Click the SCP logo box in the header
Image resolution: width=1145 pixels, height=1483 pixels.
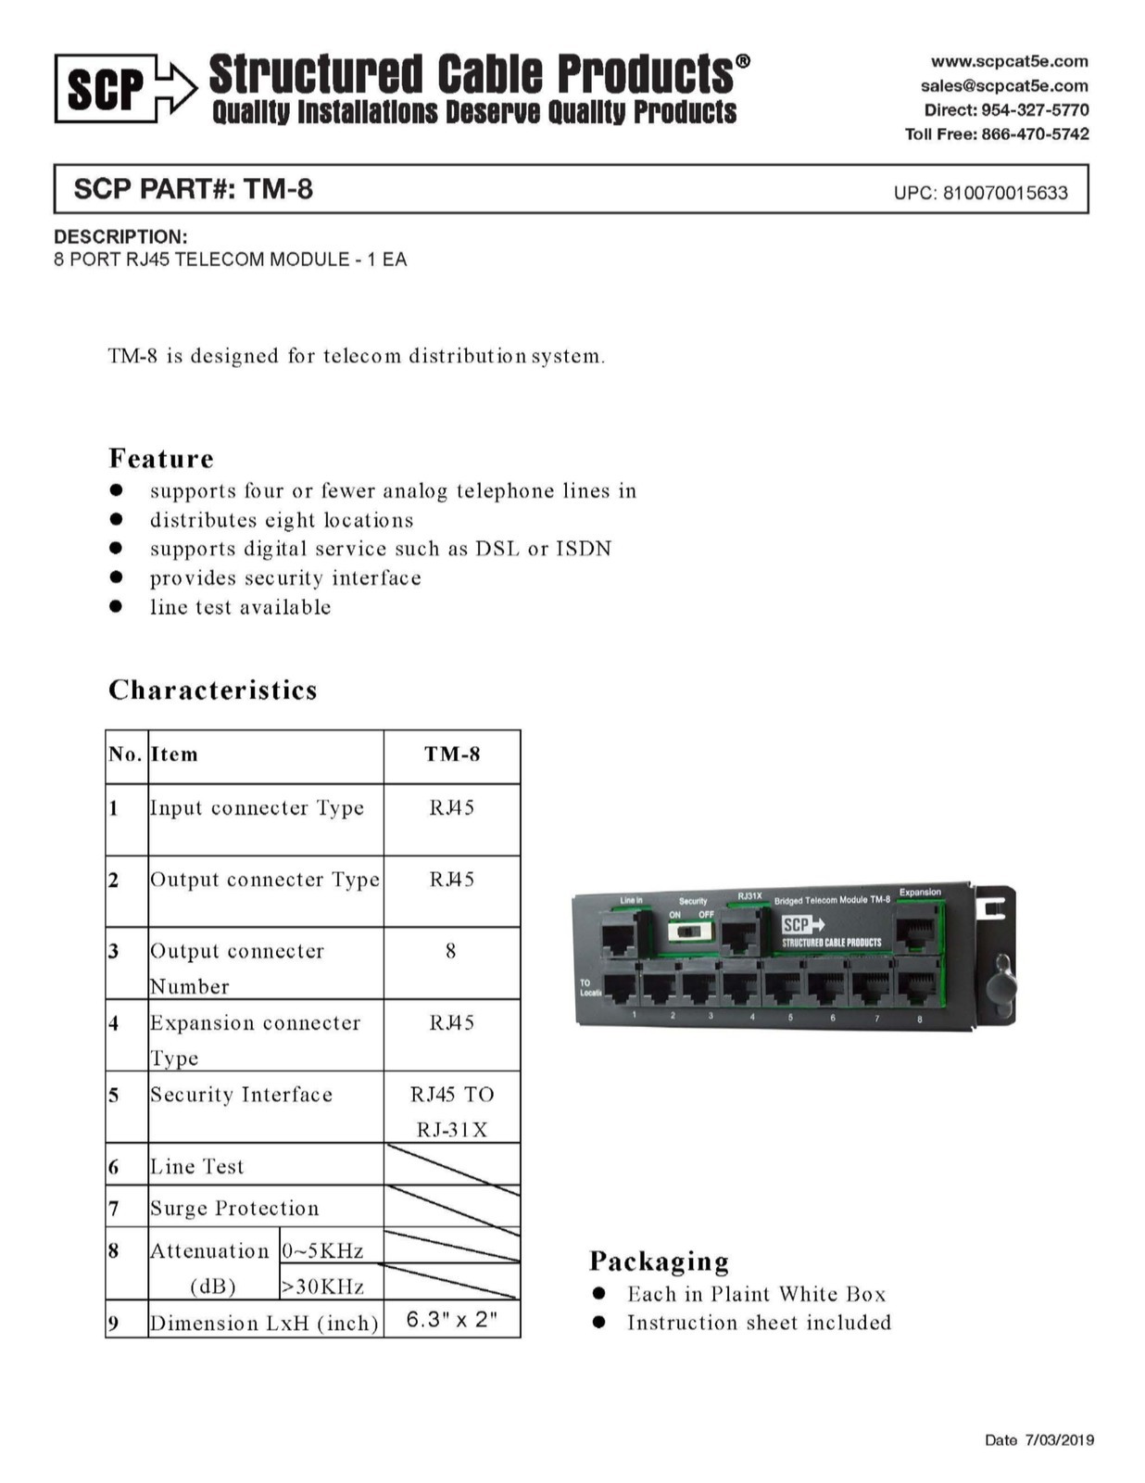(105, 89)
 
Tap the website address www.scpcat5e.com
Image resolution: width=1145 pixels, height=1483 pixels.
(1009, 61)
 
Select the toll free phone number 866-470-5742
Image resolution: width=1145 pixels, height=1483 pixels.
(1035, 134)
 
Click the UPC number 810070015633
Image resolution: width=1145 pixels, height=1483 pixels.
(1005, 193)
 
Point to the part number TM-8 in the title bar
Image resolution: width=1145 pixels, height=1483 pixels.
(278, 189)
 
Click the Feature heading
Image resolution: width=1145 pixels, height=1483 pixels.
(161, 458)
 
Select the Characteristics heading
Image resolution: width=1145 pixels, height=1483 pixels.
(213, 690)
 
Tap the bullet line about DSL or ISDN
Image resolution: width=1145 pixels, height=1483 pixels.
(380, 549)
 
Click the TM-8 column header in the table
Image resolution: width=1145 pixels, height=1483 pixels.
(452, 754)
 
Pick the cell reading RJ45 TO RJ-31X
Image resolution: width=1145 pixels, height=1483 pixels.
(452, 1111)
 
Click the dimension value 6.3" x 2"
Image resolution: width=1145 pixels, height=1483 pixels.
(452, 1319)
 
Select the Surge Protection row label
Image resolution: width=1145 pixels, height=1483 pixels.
(234, 1208)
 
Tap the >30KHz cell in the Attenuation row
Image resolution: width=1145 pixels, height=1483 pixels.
(322, 1286)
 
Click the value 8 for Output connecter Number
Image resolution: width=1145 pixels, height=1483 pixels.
(451, 951)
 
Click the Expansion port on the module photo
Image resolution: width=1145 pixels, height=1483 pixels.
(916, 930)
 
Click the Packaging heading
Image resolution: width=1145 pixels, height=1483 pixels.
(659, 1261)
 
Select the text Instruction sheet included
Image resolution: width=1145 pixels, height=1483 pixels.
(759, 1323)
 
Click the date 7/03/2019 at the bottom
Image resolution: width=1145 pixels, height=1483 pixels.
(1059, 1439)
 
